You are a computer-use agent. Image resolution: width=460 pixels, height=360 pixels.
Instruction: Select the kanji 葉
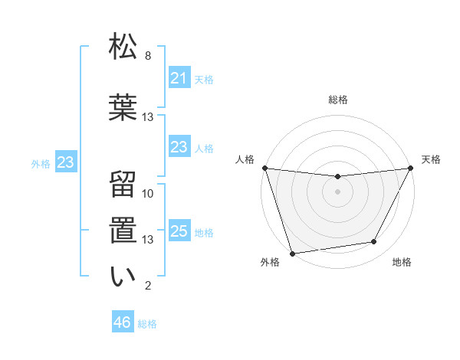click(x=123, y=105)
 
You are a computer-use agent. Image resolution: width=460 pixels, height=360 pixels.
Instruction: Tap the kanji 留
click(x=123, y=183)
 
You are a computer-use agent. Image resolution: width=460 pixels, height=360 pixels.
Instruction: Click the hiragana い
click(x=123, y=275)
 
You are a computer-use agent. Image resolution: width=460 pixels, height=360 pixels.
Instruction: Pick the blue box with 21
click(x=179, y=77)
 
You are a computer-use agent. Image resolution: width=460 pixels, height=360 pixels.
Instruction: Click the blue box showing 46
click(x=123, y=322)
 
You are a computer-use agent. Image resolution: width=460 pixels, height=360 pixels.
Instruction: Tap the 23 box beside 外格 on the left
click(x=65, y=162)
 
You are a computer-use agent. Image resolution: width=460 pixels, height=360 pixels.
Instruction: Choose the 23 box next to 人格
click(x=179, y=147)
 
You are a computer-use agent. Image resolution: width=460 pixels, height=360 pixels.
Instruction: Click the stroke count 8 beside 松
click(x=148, y=56)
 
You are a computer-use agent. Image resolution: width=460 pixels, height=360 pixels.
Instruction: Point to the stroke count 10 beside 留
click(x=148, y=194)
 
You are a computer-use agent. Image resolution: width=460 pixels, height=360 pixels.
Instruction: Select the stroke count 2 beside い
click(x=148, y=286)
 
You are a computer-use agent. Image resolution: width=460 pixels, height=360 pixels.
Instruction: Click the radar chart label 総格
click(x=337, y=100)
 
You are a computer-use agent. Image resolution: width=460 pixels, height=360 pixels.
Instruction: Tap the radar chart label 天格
click(x=431, y=159)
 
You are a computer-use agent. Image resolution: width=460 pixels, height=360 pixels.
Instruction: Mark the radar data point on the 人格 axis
click(x=264, y=168)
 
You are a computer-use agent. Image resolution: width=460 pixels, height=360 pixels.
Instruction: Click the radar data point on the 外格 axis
click(x=292, y=253)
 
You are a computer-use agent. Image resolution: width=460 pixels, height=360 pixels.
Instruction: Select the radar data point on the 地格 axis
click(x=374, y=242)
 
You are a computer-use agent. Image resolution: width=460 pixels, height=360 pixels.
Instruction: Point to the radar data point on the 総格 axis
click(x=337, y=177)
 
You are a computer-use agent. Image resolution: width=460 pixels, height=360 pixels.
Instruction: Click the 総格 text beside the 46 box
click(x=147, y=324)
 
